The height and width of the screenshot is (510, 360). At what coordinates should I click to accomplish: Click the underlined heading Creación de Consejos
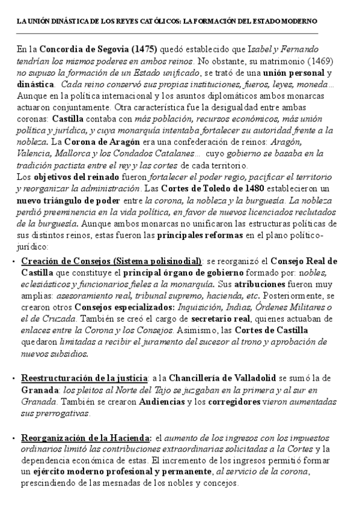click(112, 260)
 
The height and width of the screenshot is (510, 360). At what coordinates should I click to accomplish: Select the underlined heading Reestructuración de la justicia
click(84, 378)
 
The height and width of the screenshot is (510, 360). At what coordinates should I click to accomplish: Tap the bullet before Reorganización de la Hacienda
click(14, 438)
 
